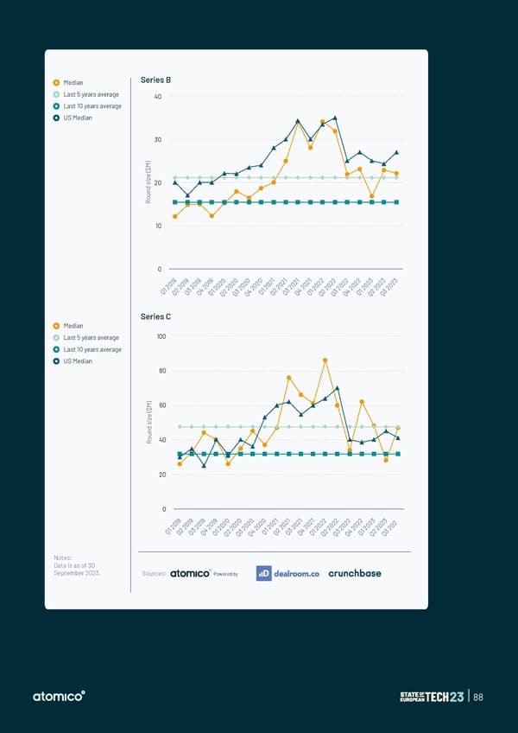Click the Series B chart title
tap(155, 80)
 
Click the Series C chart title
tap(155, 317)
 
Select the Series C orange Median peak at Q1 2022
tap(325, 360)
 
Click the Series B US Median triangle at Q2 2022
tap(335, 118)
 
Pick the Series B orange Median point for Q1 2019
tap(175, 216)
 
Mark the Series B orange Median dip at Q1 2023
tap(371, 196)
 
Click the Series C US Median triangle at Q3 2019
tap(204, 466)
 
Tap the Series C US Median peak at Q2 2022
tap(337, 388)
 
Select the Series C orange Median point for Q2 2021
tap(288, 378)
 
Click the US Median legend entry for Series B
tap(76, 118)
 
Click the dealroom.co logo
tap(288, 573)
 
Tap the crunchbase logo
tap(355, 573)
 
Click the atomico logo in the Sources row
tap(190, 573)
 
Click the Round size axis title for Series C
tap(149, 424)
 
